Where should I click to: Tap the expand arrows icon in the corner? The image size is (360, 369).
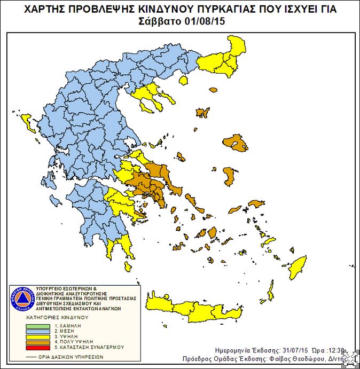click(x=350, y=358)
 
